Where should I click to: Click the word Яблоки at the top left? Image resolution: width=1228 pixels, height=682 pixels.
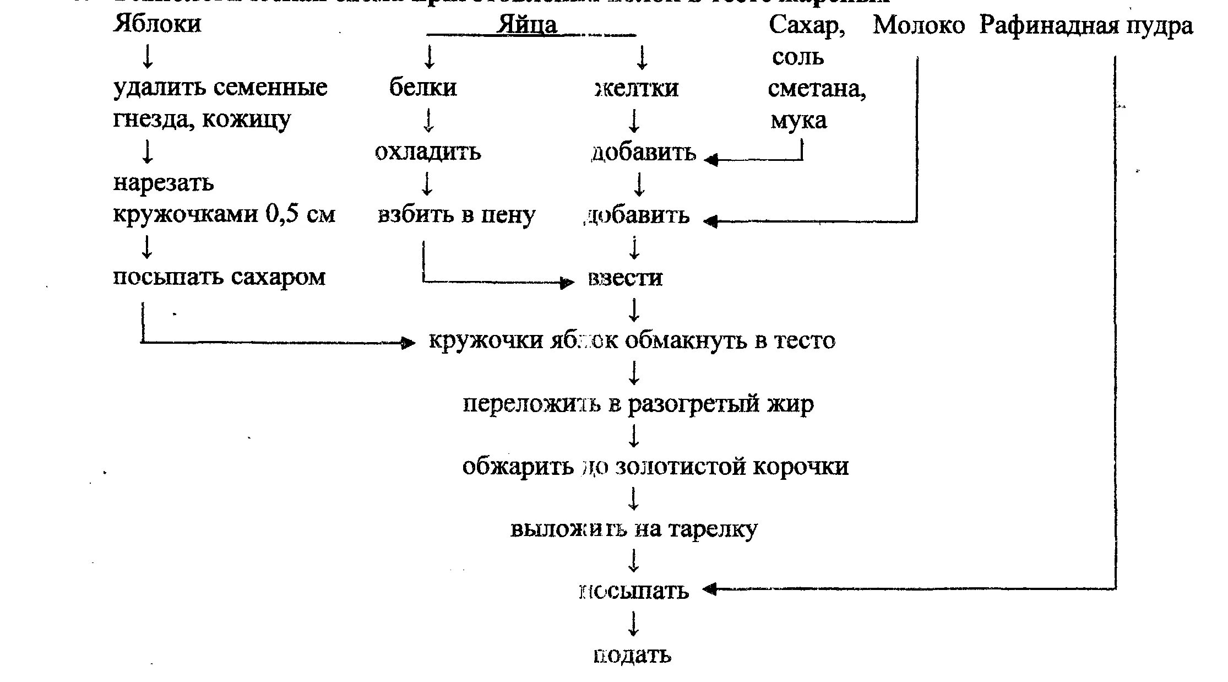click(x=157, y=24)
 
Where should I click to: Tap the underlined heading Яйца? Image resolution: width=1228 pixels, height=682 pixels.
click(x=527, y=25)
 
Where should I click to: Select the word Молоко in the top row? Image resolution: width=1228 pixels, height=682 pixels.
click(x=919, y=25)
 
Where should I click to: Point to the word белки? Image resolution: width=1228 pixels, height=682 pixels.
click(x=423, y=87)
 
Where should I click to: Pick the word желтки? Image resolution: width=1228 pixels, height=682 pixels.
click(x=637, y=88)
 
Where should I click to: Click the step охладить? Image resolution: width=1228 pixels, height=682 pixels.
click(x=428, y=151)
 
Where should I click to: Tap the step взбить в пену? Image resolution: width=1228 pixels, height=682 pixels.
click(x=456, y=215)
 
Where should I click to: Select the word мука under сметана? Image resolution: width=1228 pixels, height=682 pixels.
click(x=798, y=120)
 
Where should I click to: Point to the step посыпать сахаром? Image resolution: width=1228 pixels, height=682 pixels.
click(x=219, y=277)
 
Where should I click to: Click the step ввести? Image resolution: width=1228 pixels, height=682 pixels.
click(x=625, y=278)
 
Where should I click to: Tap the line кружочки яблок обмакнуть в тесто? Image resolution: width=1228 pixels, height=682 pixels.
click(x=632, y=340)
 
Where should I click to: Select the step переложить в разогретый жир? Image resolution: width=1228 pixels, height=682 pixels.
click(x=638, y=404)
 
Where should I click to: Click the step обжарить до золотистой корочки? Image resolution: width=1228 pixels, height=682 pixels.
click(x=655, y=467)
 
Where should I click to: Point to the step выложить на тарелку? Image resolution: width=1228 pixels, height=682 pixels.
click(x=634, y=529)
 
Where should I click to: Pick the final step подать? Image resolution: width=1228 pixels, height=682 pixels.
click(x=632, y=655)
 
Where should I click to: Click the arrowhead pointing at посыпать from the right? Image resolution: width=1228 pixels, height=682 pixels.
click(x=709, y=589)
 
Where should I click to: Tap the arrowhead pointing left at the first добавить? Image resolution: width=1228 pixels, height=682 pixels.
click(x=710, y=160)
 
